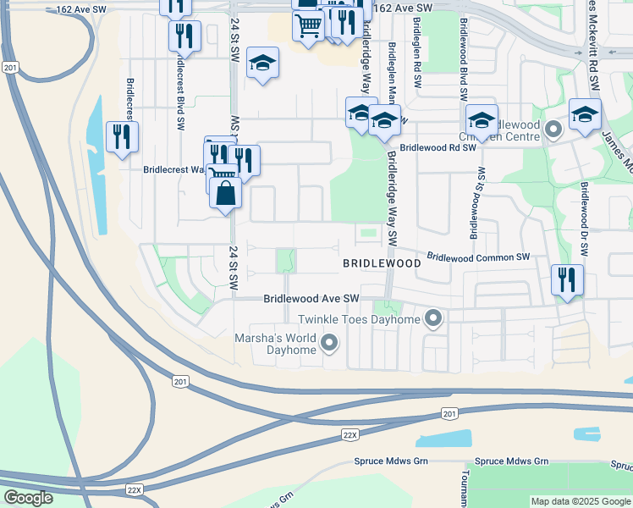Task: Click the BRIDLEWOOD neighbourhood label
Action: tap(382, 264)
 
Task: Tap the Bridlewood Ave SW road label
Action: tap(311, 299)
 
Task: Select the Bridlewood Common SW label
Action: tap(478, 257)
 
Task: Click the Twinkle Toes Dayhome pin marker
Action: tap(434, 319)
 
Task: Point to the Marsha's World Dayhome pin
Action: tap(329, 343)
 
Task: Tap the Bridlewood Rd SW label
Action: tap(438, 147)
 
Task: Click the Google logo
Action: tap(28, 498)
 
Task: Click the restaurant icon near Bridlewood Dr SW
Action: tap(566, 279)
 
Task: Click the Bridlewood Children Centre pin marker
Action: tap(553, 130)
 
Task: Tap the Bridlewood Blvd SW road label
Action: tap(464, 59)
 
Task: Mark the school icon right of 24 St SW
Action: tap(262, 64)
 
